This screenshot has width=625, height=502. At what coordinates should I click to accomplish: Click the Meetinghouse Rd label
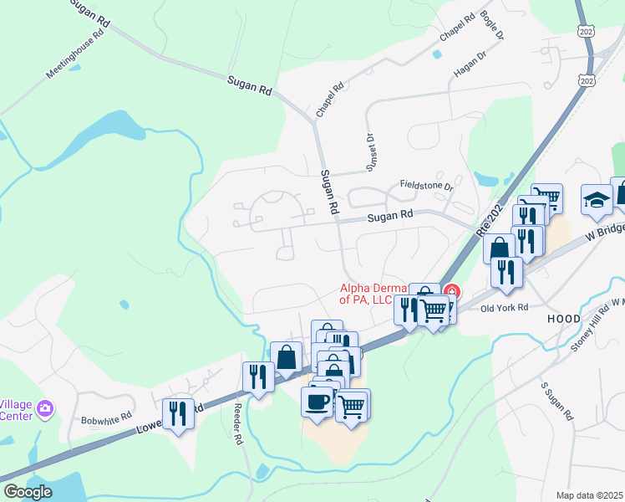click(x=77, y=54)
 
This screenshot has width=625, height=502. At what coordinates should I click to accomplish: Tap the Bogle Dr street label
click(x=493, y=26)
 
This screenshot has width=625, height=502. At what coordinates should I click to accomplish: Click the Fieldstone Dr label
click(x=425, y=186)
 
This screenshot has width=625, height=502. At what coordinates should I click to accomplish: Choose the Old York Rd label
click(x=505, y=307)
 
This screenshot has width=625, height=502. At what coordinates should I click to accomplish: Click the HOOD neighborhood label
click(x=563, y=320)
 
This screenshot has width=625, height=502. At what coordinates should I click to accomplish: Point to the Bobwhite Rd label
click(x=107, y=417)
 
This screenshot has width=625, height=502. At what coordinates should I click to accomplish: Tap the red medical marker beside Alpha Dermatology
click(x=451, y=292)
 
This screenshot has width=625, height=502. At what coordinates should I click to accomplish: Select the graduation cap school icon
click(x=597, y=200)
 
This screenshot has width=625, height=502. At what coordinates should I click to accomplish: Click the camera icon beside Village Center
click(x=45, y=408)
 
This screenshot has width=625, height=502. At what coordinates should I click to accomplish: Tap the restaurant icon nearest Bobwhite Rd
click(x=177, y=412)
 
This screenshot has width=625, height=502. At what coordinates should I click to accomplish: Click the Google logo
click(x=28, y=492)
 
